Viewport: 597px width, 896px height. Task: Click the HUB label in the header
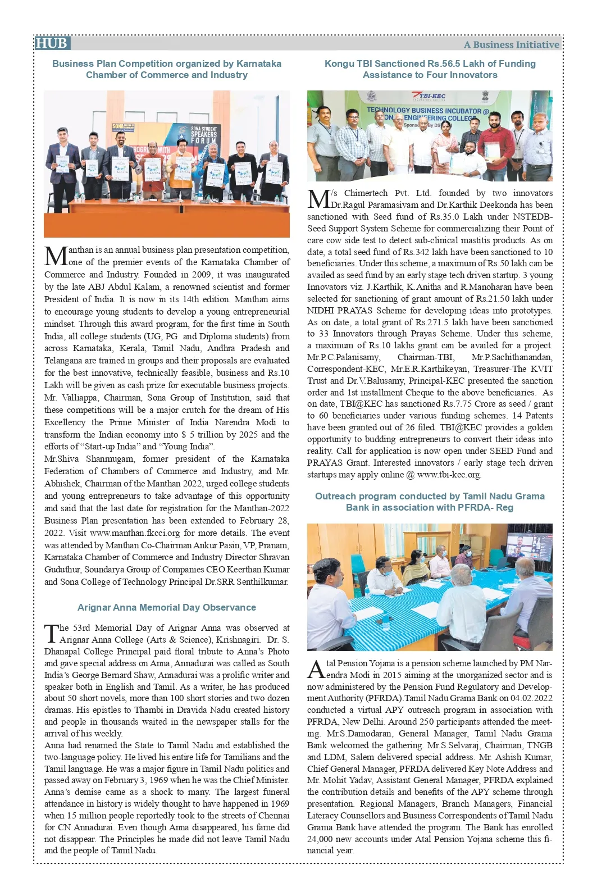pyautogui.click(x=51, y=44)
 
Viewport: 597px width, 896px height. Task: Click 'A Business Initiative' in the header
pyautogui.click(x=511, y=45)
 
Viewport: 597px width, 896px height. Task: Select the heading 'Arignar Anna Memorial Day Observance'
pyautogui.click(x=167, y=607)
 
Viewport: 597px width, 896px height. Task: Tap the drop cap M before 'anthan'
pyautogui.click(x=56, y=256)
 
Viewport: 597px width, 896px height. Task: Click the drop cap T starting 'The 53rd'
pyautogui.click(x=51, y=633)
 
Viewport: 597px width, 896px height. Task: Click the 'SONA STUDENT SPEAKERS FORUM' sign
pyautogui.click(x=203, y=135)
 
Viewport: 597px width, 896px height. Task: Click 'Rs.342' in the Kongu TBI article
pyautogui.click(x=416, y=252)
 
